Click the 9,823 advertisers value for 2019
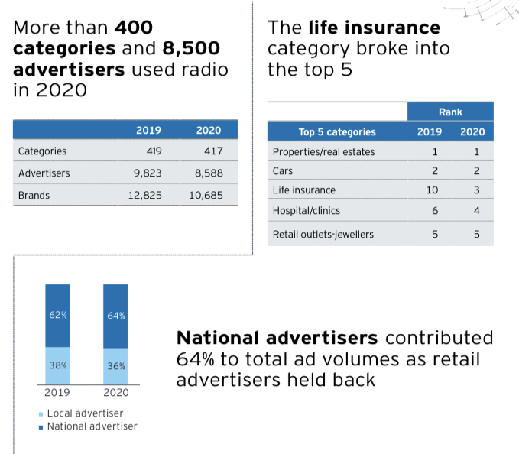(x=146, y=173)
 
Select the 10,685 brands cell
(x=206, y=195)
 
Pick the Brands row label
(x=34, y=195)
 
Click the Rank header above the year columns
(x=450, y=112)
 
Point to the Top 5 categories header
(x=336, y=131)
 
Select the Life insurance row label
(x=303, y=190)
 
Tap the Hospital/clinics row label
(x=307, y=209)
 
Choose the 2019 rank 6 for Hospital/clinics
(x=434, y=210)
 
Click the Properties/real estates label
(x=323, y=151)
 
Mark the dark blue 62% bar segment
(x=58, y=315)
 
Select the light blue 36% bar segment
(x=116, y=365)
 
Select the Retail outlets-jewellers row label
(x=323, y=234)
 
